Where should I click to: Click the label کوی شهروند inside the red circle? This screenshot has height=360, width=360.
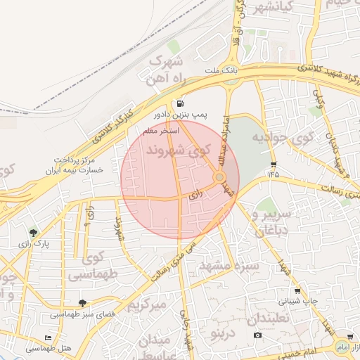(x=179, y=150)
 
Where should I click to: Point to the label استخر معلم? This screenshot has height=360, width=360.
(x=161, y=131)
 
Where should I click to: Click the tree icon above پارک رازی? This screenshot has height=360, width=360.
(x=33, y=233)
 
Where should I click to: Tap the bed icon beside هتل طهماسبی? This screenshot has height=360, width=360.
(x=48, y=338)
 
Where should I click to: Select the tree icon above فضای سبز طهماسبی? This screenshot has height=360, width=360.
(x=83, y=303)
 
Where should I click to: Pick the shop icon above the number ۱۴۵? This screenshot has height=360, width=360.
(x=272, y=165)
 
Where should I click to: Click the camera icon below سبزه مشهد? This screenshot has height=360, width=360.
(x=258, y=335)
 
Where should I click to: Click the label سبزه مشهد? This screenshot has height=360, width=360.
(x=230, y=266)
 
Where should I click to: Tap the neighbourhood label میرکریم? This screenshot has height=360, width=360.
(x=147, y=306)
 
